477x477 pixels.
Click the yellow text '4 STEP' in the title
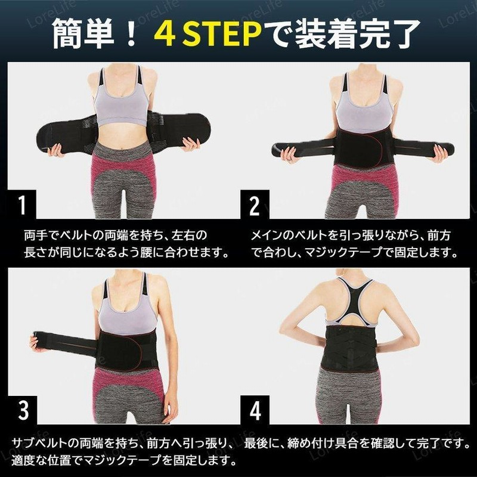tap(209, 33)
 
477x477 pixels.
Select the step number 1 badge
tap(22, 204)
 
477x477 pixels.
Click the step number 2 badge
tap(255, 204)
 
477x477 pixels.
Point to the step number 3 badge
tap(22, 410)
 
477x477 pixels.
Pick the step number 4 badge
tap(255, 410)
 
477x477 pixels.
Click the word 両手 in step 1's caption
tap(33, 234)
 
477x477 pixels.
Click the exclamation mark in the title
tap(130, 33)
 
